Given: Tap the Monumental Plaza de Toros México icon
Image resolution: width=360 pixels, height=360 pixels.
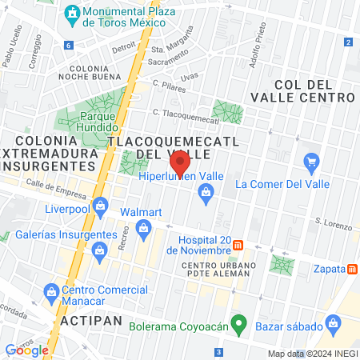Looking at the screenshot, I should click(73, 14).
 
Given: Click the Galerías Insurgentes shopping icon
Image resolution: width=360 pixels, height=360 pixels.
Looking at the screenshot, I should click(100, 252).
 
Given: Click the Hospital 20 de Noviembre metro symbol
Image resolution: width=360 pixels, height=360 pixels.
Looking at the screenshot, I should click(238, 246).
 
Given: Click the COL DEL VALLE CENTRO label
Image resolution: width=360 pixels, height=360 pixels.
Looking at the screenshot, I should click(313, 90).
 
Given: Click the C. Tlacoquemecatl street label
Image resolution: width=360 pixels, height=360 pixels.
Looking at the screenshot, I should click(185, 114).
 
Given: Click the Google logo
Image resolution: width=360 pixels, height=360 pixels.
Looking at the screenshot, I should click(26, 350).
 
